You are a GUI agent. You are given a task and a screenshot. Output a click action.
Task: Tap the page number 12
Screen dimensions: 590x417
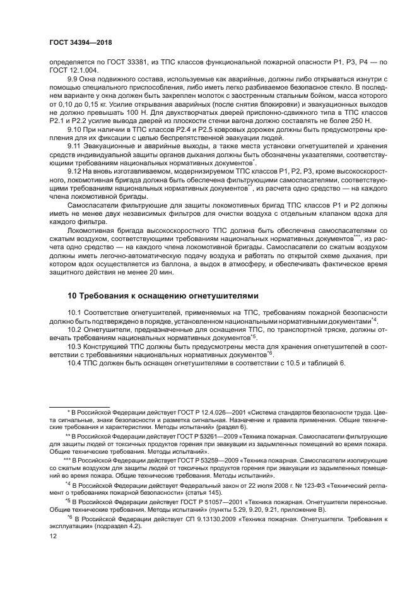53,536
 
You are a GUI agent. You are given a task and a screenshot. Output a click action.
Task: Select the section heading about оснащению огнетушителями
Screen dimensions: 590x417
163,295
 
